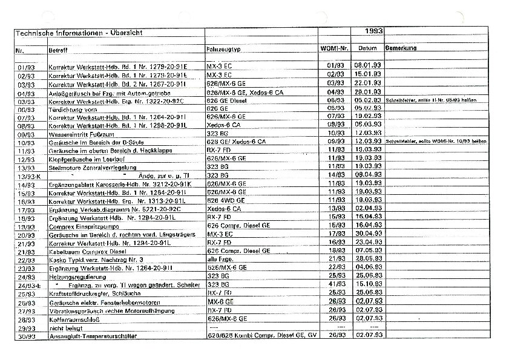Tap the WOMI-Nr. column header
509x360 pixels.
click(335, 48)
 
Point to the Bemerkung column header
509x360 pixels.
click(401, 48)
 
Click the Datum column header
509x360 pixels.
click(367, 48)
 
